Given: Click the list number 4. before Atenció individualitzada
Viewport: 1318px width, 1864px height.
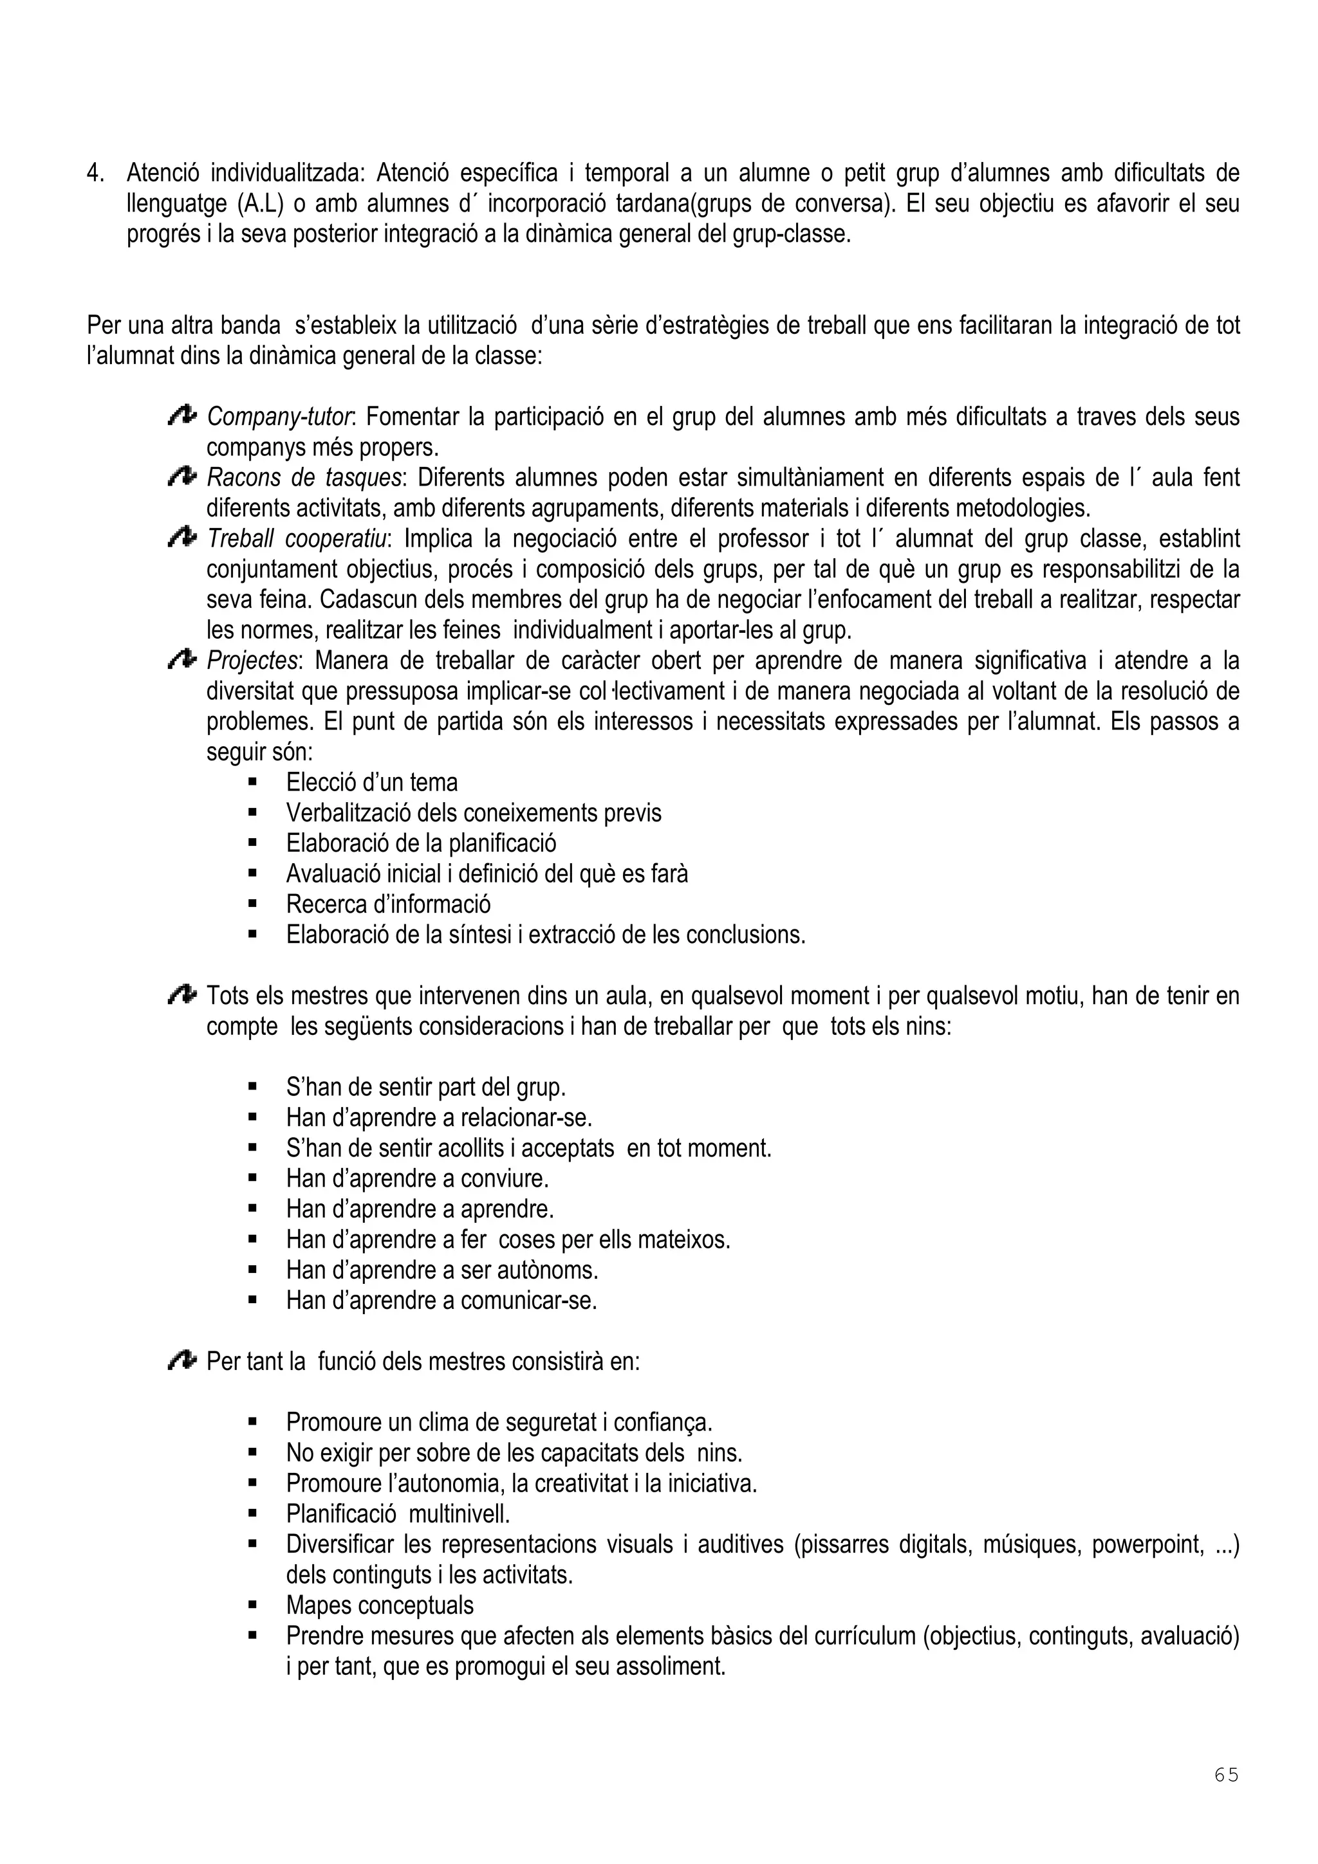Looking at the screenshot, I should pyautogui.click(x=96, y=174).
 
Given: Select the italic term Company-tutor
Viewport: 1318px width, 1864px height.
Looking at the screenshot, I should pyautogui.click(x=279, y=417).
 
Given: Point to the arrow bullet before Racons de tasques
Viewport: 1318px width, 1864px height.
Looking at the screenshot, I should pyautogui.click(x=182, y=477).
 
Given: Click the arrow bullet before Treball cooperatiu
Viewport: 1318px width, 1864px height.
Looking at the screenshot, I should pyautogui.click(x=182, y=538).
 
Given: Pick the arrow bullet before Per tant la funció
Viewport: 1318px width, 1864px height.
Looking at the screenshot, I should pyautogui.click(x=182, y=1360).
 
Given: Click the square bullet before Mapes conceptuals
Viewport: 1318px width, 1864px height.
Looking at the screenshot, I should pyautogui.click(x=252, y=1605).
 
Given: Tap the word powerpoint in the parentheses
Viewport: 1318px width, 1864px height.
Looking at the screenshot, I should pyautogui.click(x=1147, y=1544).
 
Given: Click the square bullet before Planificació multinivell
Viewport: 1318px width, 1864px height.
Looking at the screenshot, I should pyautogui.click(x=252, y=1514).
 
